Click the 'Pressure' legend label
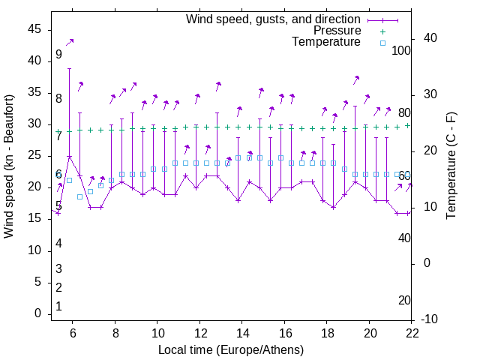pos(337,31)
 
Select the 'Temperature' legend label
pos(326,42)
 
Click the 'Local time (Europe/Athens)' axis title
pos(231,349)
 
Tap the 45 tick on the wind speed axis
pos(34,29)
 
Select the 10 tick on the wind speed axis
pos(34,250)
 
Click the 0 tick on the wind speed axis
pos(37,313)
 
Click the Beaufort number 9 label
pos(58,55)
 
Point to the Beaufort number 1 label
pos(58,307)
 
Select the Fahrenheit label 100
pos(402,51)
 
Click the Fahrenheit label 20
pos(404,301)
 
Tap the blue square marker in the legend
pos(382,43)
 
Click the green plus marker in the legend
pos(382,31)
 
